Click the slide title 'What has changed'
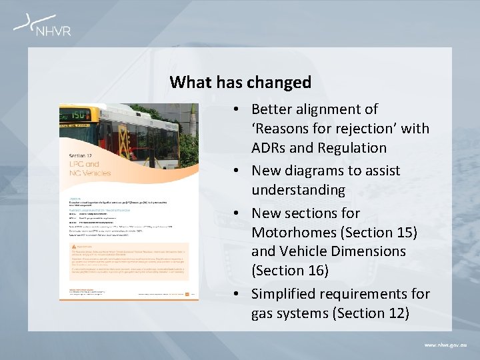[240, 82]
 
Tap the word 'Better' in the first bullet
[273, 109]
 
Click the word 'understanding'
[298, 190]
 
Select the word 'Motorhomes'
[295, 233]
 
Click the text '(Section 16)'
[290, 271]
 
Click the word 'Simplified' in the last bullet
[286, 294]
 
